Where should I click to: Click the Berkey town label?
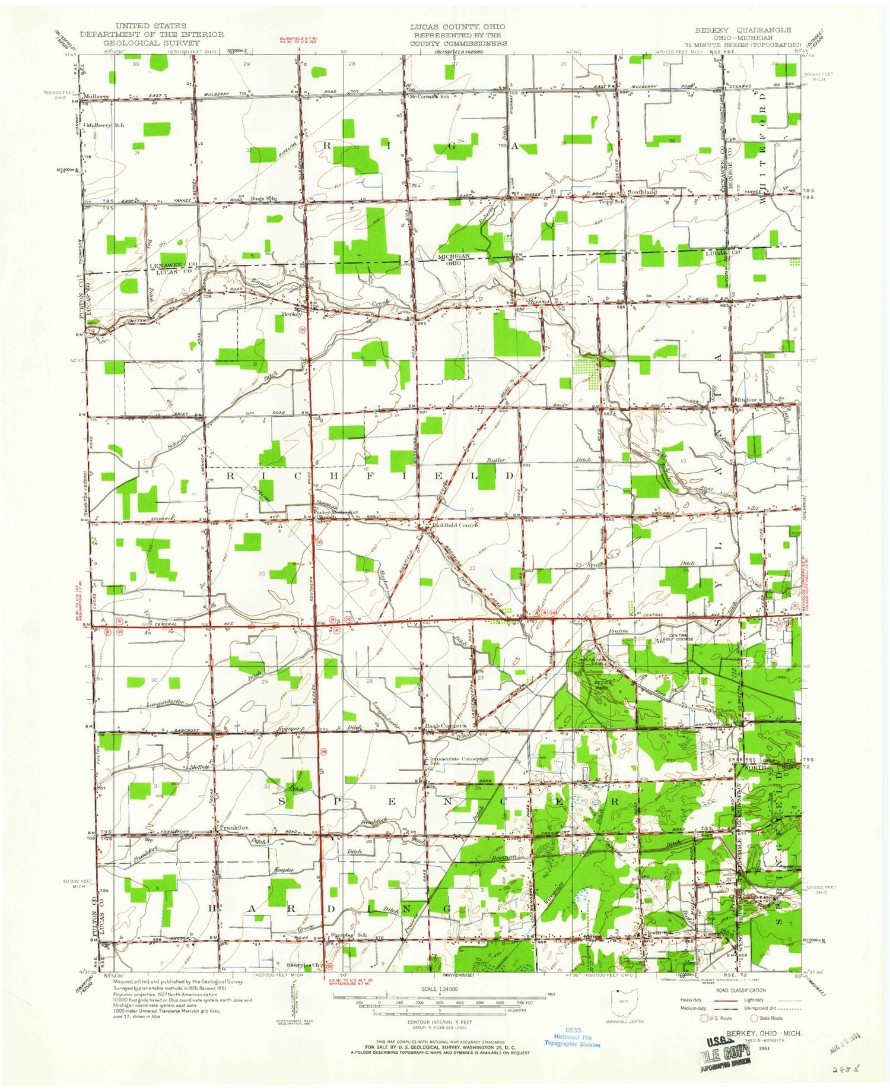click(x=292, y=314)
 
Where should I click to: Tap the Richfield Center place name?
click(x=454, y=525)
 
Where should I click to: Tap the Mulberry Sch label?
click(x=105, y=125)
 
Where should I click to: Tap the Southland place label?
click(x=641, y=192)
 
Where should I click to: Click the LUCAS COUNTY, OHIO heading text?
click(x=457, y=27)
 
